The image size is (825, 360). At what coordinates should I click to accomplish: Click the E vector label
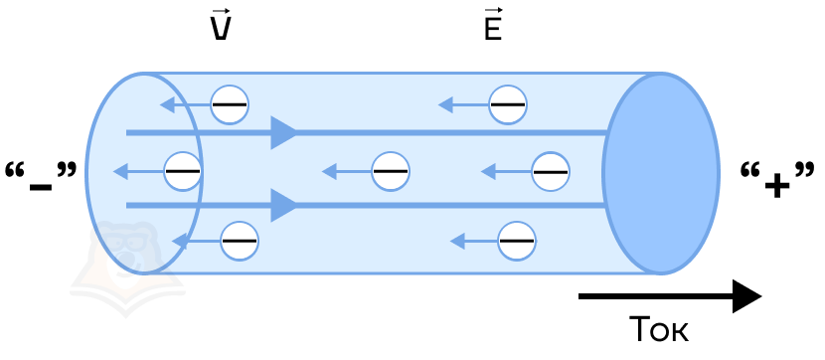(x=493, y=25)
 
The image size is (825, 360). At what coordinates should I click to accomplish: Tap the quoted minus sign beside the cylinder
(x=41, y=177)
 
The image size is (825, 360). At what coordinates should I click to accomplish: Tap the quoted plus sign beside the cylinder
(x=777, y=179)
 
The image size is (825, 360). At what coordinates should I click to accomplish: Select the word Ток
(x=659, y=329)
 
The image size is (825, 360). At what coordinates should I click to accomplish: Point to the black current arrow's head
(x=747, y=296)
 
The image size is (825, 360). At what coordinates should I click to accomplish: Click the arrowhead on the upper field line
(x=284, y=132)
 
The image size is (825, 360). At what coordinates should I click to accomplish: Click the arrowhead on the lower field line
(x=284, y=205)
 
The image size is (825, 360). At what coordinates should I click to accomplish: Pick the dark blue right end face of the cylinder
(x=661, y=173)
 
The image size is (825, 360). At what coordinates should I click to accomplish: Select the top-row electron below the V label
(x=230, y=104)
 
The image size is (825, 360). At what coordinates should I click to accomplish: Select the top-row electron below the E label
(x=507, y=104)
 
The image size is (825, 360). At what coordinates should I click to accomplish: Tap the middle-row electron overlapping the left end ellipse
(x=183, y=172)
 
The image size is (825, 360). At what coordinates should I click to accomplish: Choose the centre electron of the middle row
(x=391, y=172)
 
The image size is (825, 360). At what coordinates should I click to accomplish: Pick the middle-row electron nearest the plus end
(x=551, y=172)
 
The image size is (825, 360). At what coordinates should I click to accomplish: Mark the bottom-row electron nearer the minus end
(x=240, y=241)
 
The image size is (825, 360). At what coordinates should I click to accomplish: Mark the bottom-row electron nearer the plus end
(x=517, y=241)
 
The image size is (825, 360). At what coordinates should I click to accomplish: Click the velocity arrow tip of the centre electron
(x=322, y=172)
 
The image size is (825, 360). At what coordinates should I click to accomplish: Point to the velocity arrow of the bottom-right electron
(x=474, y=242)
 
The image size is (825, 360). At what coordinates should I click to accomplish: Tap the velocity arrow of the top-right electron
(x=463, y=104)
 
